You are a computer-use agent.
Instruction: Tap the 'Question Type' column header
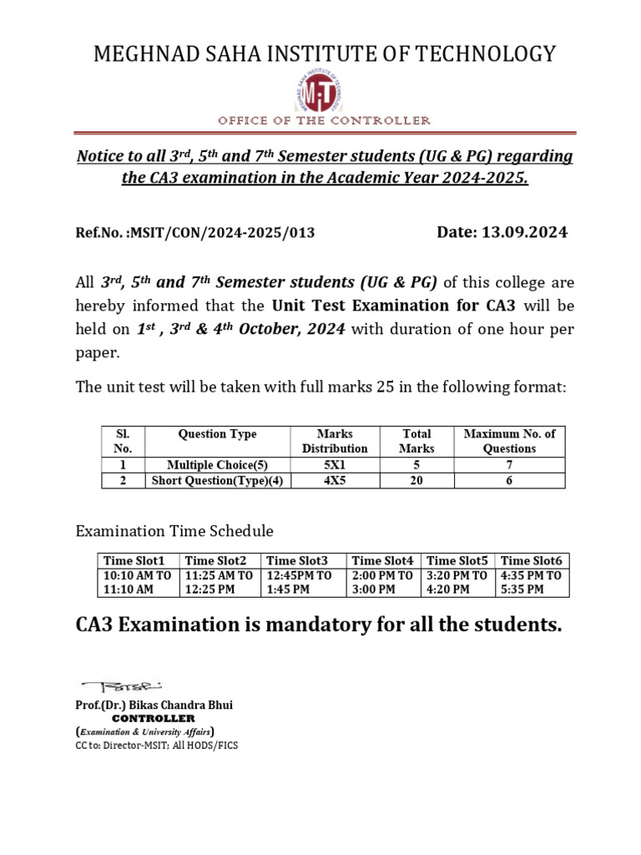click(218, 434)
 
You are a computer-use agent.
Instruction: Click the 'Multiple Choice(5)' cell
click(218, 465)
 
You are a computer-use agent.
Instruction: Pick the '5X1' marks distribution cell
click(334, 465)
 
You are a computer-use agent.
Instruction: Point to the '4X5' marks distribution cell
click(334, 481)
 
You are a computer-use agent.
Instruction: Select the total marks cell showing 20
click(416, 481)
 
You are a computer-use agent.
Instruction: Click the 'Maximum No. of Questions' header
click(509, 441)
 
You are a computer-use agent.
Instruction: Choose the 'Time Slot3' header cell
click(300, 560)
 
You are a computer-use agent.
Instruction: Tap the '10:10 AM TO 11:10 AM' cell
click(137, 582)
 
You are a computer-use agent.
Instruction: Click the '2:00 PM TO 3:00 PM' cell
click(383, 582)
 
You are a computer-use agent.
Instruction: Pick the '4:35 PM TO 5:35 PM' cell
click(531, 582)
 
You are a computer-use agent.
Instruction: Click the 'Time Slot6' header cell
click(531, 560)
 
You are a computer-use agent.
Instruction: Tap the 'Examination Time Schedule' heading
click(174, 531)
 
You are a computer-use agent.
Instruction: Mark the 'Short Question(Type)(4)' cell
click(218, 481)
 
